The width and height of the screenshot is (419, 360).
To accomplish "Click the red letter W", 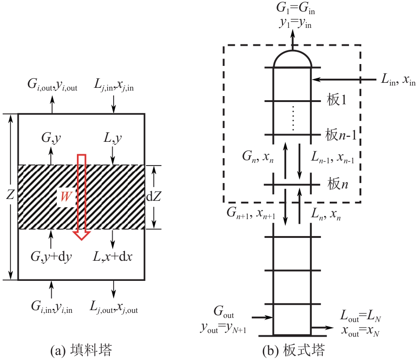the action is (x=66, y=196).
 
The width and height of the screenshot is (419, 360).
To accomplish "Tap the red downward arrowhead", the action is (x=82, y=236).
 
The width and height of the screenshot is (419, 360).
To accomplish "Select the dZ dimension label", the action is (x=153, y=197).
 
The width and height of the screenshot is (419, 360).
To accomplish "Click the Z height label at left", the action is (x=10, y=194).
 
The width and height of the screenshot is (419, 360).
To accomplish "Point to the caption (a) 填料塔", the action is (x=81, y=350).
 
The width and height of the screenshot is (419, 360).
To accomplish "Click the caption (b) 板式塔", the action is (x=294, y=350).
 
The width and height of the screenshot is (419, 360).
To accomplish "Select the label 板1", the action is (x=337, y=100).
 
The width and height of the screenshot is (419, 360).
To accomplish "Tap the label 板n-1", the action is (x=341, y=134).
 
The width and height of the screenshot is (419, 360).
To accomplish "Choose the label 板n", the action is (x=338, y=184).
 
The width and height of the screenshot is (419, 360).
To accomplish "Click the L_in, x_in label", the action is (x=398, y=79).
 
